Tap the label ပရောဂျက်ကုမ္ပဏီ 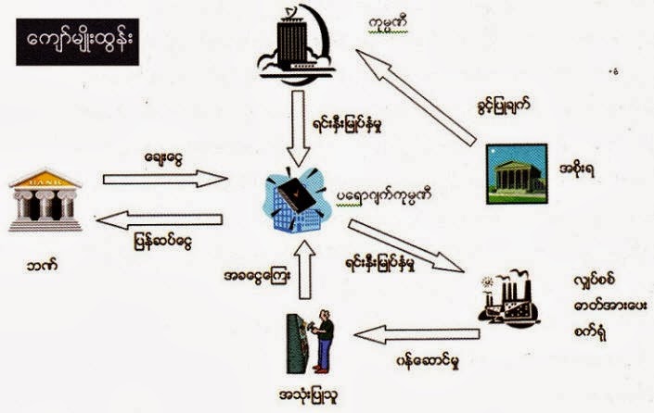pos(394,197)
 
